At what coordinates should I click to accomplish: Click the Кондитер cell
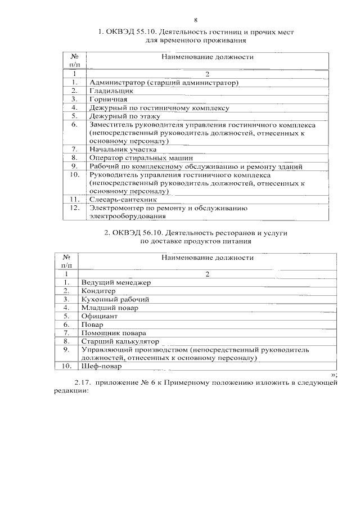point(98,291)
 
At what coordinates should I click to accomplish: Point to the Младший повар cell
point(109,308)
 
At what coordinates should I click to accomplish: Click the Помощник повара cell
point(112,333)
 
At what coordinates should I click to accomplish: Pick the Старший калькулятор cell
point(119,341)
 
